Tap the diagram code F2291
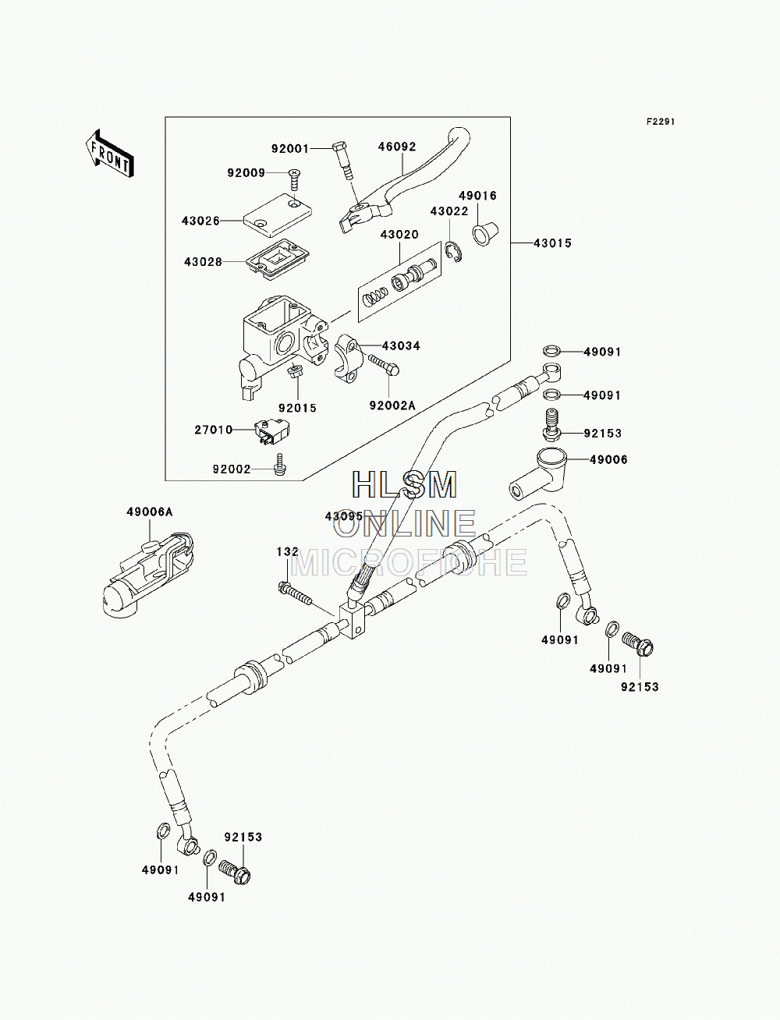pyautogui.click(x=661, y=122)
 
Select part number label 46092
pyautogui.click(x=396, y=147)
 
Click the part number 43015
pyautogui.click(x=552, y=243)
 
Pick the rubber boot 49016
pyautogui.click(x=485, y=234)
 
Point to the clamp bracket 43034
pyautogui.click(x=347, y=356)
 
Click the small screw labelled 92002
pyautogui.click(x=280, y=464)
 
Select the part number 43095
pyautogui.click(x=344, y=516)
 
